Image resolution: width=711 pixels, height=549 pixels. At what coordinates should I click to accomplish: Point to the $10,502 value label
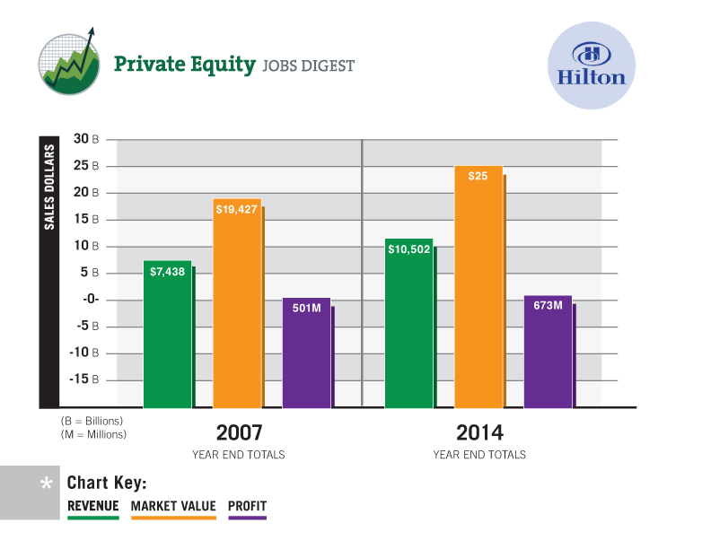point(409,248)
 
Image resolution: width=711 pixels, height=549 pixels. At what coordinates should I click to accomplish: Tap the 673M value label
point(548,306)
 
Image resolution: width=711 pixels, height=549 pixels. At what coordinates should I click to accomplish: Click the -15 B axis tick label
point(89,379)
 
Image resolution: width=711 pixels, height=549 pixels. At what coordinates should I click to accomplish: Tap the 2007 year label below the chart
point(239,432)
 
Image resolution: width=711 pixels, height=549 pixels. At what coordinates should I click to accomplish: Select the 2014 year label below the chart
point(479,432)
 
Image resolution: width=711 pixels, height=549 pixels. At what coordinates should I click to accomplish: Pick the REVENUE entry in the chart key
point(93,506)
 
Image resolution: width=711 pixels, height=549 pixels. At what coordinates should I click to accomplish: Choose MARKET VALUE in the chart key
point(173,506)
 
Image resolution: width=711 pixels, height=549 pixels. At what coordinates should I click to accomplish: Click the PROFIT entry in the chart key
point(248,506)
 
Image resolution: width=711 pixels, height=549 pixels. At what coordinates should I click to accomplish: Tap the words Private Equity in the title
point(183,65)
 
